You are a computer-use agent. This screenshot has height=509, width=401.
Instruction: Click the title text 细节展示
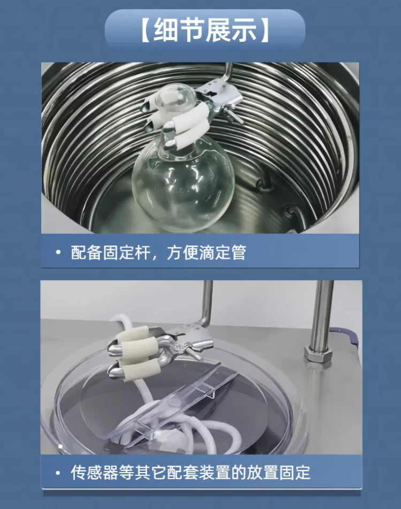(205, 30)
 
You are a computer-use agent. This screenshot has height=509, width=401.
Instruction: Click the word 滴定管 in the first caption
(222, 253)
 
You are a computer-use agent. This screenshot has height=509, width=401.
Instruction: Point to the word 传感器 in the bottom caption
(95, 473)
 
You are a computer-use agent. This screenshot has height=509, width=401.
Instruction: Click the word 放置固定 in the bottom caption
(279, 473)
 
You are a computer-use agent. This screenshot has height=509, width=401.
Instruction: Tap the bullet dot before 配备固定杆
(58, 252)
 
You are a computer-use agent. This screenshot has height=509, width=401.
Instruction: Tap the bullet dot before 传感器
(58, 473)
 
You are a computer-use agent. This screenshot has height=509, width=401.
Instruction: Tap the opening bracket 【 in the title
(145, 30)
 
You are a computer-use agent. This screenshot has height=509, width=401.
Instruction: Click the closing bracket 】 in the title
(265, 30)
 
